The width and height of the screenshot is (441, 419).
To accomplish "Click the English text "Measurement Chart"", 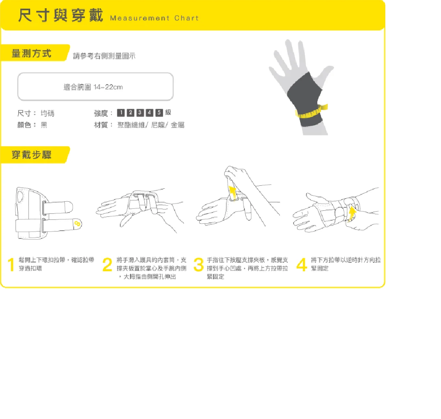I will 154,18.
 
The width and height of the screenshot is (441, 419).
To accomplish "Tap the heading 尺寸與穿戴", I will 60,16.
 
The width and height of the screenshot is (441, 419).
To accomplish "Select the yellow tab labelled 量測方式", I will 33,54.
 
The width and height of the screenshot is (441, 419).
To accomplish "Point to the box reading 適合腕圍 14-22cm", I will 95,87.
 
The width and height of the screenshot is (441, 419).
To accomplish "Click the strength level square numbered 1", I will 121,113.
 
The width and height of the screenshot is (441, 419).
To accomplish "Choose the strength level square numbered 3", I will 140,113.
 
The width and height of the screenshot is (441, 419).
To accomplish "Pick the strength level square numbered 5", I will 159,113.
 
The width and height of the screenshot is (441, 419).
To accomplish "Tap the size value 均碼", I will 47,113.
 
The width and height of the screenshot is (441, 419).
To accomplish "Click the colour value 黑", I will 44,125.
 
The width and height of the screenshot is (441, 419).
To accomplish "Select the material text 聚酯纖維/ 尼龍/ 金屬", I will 151,125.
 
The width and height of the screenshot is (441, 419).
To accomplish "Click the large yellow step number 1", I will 11,265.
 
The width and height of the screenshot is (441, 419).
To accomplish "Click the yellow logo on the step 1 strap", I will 77,223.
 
